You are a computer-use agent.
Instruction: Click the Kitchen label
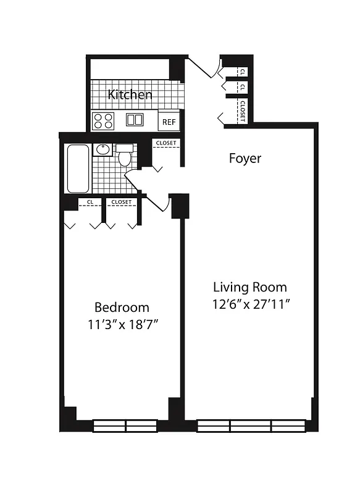(x=130, y=94)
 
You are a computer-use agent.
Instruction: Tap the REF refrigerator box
(x=169, y=122)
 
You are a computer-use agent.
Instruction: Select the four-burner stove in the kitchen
(x=104, y=120)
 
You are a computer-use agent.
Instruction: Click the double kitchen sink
(x=135, y=120)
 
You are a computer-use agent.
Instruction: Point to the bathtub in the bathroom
(x=78, y=169)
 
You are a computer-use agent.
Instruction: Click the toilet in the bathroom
(x=124, y=156)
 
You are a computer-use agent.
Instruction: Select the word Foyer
(x=245, y=158)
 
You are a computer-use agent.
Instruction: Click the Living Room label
(x=249, y=287)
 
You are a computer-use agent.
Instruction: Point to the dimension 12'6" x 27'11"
(x=249, y=304)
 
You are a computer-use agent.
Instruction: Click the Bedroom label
(x=122, y=307)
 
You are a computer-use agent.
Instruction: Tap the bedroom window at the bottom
(x=126, y=425)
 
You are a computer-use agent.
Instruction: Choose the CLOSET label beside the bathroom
(x=165, y=143)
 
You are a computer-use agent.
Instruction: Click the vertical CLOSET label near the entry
(x=243, y=111)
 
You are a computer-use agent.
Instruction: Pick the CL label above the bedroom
(x=90, y=202)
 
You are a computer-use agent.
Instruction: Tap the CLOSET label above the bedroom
(x=122, y=202)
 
